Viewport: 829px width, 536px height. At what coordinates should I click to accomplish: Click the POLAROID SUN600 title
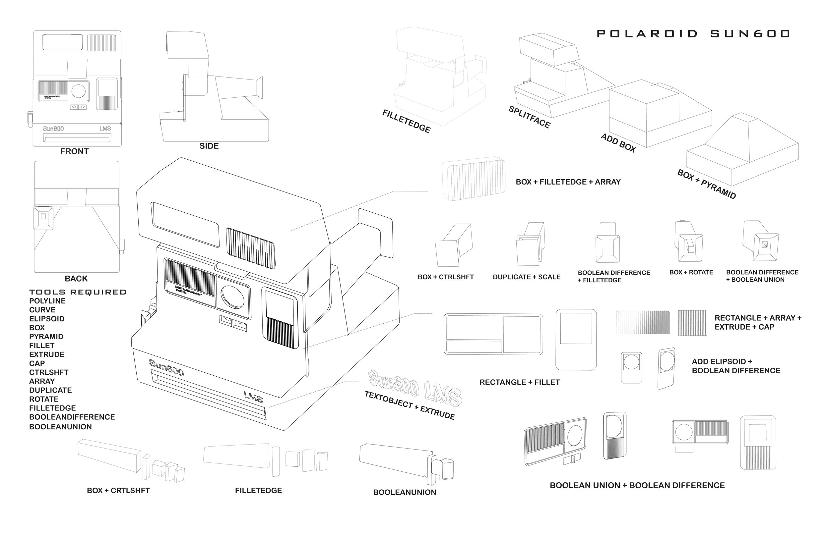click(x=693, y=34)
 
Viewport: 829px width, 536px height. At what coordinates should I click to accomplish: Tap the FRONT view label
click(x=75, y=151)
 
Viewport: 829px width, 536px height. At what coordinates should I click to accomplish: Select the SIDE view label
click(x=209, y=146)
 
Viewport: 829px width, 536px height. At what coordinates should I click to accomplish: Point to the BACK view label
click(x=76, y=279)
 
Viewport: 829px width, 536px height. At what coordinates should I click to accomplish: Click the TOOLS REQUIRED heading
click(x=78, y=292)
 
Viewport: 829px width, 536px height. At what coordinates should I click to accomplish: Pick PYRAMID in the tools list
click(x=46, y=337)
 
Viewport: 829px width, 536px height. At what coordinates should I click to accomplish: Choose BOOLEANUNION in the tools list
click(x=61, y=427)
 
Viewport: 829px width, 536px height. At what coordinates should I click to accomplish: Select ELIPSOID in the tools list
click(x=47, y=319)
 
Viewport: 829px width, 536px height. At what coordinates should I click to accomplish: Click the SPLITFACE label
click(x=530, y=117)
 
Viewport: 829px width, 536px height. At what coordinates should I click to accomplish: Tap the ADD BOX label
click(x=618, y=143)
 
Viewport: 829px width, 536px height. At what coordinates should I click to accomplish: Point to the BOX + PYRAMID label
click(x=706, y=184)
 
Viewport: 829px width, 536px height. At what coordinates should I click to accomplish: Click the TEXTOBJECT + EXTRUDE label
click(x=410, y=405)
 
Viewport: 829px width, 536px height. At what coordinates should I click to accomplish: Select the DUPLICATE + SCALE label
click(x=527, y=277)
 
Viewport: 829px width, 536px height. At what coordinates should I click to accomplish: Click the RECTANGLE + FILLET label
click(x=520, y=382)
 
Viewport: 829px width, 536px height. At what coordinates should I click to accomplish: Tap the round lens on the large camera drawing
click(x=233, y=297)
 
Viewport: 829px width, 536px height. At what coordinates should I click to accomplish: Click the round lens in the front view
click(x=78, y=91)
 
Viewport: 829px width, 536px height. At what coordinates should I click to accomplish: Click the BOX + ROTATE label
click(x=691, y=272)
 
